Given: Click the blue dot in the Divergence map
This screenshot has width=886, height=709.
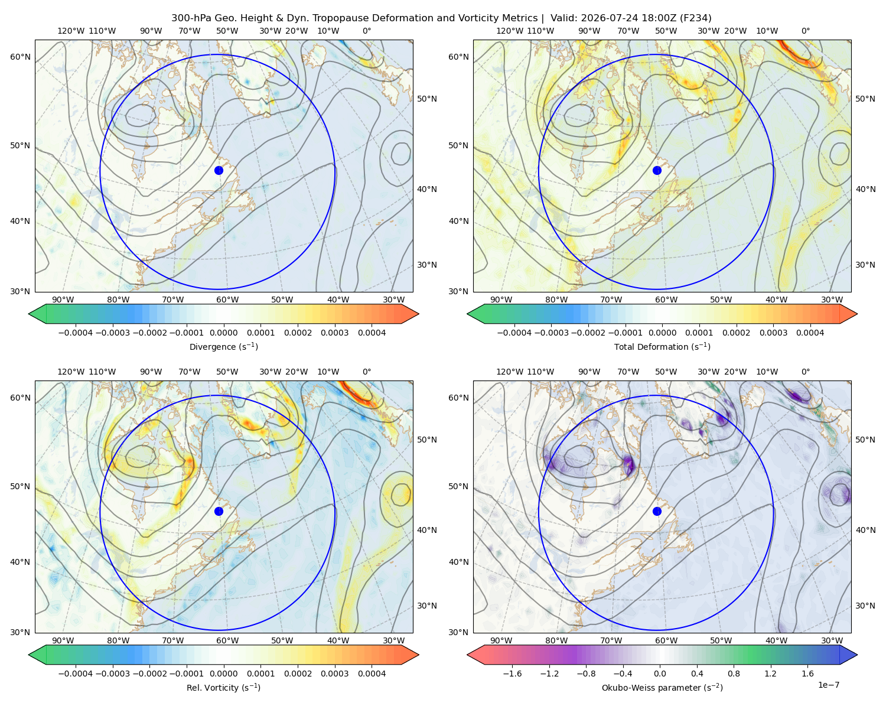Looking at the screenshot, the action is pos(219,171).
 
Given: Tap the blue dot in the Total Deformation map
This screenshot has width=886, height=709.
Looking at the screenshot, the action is pos(657,171).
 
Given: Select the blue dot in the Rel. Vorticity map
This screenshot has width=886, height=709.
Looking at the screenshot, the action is pos(219,511).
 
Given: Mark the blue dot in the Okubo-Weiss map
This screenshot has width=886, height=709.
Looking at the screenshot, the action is pos(657,511).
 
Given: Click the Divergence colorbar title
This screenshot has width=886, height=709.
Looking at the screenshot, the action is pos(223,347).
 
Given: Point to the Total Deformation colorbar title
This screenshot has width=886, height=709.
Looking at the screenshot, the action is pos(662,347).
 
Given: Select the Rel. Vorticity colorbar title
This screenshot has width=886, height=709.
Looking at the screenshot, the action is pos(223,688).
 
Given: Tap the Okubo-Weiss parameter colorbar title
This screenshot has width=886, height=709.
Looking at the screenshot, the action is pos(662,688).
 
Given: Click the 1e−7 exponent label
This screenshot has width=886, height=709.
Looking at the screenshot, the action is pos(828,685).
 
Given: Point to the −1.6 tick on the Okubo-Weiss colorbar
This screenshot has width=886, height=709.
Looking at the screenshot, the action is pos(512,674).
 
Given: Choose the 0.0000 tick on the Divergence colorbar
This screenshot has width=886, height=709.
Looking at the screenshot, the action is pos(223,333).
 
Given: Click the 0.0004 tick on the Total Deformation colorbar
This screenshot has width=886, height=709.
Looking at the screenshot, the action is pos(810,333).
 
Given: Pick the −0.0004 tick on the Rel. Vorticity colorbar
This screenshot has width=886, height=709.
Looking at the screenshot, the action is pos(76,674).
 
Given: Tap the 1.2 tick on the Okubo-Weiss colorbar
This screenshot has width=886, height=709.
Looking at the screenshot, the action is pos(770,674).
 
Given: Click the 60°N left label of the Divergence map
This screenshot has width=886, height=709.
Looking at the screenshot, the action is pos(20,57).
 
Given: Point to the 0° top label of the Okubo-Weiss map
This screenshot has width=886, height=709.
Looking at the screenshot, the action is pos(805,372).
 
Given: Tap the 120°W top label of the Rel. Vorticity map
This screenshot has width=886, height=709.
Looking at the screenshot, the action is pos(71,372).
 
